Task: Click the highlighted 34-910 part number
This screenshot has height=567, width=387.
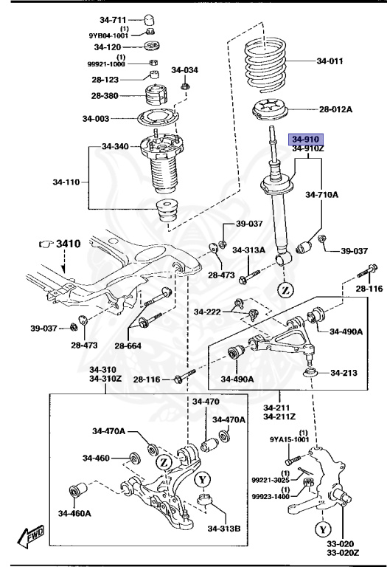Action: (x=306, y=140)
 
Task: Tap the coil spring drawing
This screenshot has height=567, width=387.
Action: (x=265, y=65)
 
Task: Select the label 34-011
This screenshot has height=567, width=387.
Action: (x=330, y=61)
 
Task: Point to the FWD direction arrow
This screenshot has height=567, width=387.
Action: (x=32, y=536)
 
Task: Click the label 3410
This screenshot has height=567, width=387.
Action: (x=69, y=244)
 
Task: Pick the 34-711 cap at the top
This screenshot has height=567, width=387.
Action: (x=150, y=19)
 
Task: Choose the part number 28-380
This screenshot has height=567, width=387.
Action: (x=105, y=95)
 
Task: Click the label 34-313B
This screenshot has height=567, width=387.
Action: (x=224, y=529)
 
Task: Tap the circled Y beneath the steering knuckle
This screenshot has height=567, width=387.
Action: (x=323, y=529)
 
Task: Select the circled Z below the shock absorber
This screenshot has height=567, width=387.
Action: (x=285, y=290)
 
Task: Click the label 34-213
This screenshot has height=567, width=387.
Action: (x=344, y=372)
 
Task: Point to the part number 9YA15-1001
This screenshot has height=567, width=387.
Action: (x=290, y=439)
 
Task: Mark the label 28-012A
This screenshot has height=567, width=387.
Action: (x=335, y=109)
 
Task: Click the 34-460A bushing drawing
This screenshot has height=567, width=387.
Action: (x=77, y=490)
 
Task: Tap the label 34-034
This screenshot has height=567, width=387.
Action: (x=184, y=70)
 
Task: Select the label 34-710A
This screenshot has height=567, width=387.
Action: (x=322, y=195)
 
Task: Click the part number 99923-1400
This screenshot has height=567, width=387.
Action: (x=271, y=496)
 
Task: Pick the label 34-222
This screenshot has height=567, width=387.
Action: (x=207, y=312)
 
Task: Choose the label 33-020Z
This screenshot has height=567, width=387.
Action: (x=343, y=553)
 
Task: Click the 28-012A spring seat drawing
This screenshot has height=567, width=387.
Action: (x=269, y=109)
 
